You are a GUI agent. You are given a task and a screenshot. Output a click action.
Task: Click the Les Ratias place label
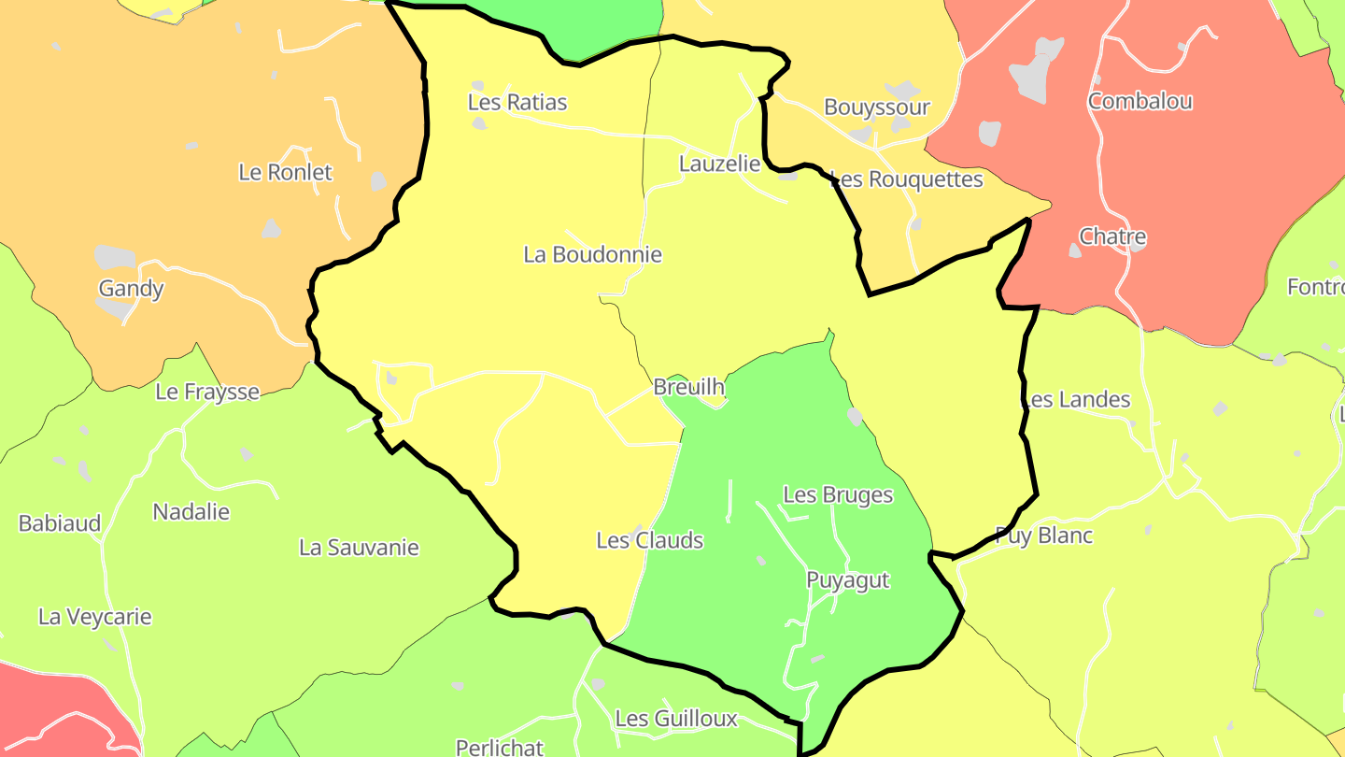517,102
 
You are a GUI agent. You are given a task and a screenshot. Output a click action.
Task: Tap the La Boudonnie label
592,254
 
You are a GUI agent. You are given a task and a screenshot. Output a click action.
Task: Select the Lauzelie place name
719,164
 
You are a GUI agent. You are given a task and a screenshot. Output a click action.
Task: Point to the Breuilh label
689,387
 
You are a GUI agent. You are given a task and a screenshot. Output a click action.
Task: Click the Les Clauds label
649,540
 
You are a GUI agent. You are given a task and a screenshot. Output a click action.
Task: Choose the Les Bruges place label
838,494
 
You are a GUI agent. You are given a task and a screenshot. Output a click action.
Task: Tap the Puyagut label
848,580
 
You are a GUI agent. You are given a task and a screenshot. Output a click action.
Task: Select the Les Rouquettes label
907,179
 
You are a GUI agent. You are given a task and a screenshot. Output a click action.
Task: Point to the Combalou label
1140,101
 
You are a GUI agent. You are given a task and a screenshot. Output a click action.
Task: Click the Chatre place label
1112,236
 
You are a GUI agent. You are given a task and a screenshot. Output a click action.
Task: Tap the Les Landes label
1077,400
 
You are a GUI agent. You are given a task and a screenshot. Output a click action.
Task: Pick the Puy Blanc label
1043,536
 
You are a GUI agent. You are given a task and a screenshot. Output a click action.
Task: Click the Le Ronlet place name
285,172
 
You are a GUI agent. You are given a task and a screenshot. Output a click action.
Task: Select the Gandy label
131,289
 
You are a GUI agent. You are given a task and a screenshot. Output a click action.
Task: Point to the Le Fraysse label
206,392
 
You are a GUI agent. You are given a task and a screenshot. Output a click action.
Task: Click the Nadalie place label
191,512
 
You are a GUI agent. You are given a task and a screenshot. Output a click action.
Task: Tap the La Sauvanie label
359,548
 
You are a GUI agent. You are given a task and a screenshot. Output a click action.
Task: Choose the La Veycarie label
94,617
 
